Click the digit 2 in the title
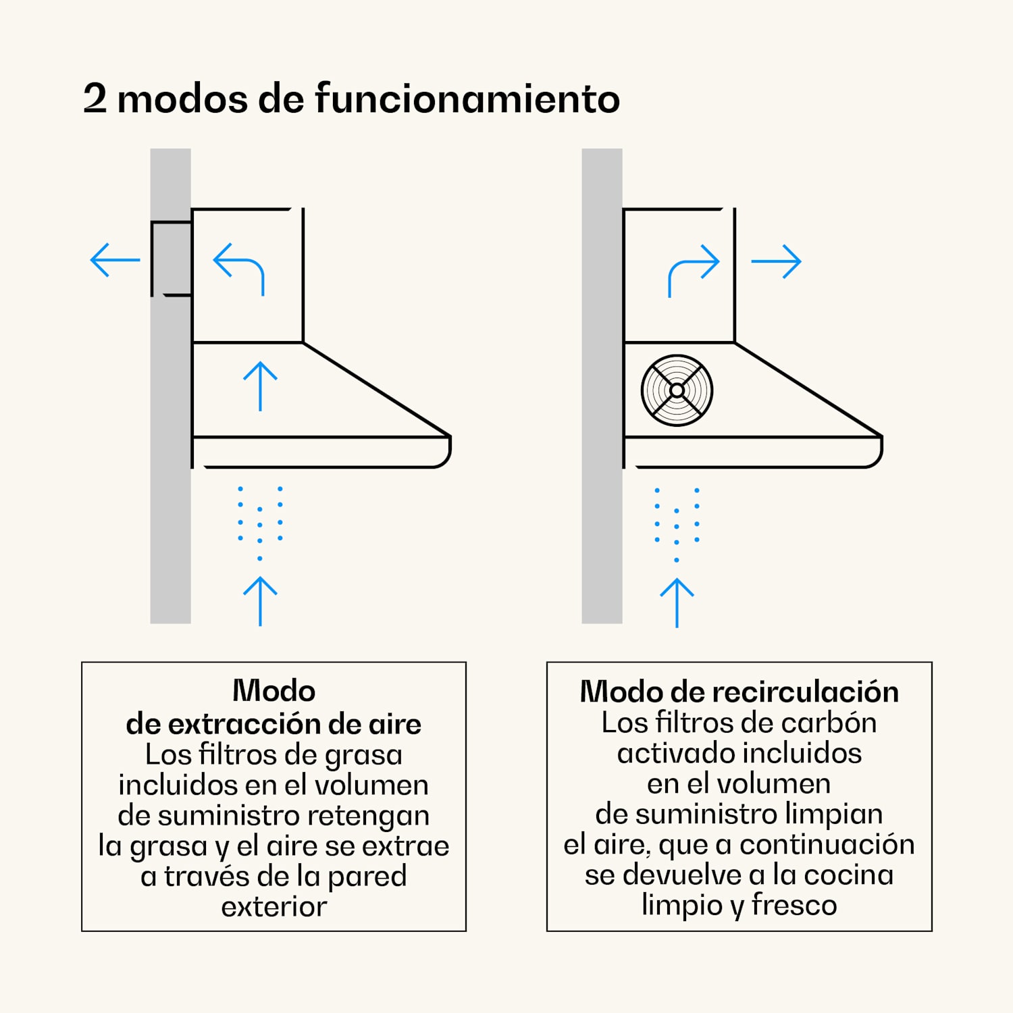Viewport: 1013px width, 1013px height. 95,99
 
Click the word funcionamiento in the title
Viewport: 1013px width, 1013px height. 467,99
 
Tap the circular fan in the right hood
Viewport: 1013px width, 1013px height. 677,390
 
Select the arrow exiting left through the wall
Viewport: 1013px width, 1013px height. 115,260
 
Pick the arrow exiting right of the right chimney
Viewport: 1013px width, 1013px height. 776,261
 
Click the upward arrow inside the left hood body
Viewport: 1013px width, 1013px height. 260,386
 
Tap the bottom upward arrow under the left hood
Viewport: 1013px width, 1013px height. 260,601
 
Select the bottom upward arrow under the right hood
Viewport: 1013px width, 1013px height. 677,603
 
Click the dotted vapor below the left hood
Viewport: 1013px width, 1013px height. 260,522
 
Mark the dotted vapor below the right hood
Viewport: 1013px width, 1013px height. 677,524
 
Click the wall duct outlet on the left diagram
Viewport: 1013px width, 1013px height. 171,259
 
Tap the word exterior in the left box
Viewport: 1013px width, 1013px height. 274,906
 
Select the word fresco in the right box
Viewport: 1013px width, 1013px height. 794,905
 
